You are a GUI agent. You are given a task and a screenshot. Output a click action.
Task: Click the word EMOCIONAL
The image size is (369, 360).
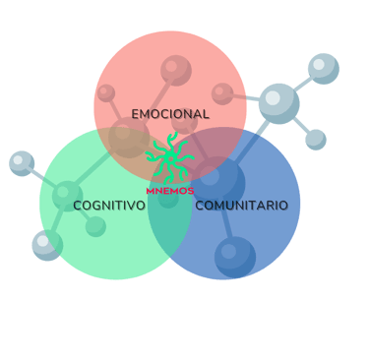click(x=170, y=114)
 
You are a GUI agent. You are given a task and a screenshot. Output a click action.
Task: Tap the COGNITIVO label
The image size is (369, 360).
click(x=109, y=206)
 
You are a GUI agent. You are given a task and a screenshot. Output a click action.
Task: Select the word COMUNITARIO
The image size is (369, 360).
click(x=241, y=206)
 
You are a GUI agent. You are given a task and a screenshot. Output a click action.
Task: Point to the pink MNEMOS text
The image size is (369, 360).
click(x=169, y=191)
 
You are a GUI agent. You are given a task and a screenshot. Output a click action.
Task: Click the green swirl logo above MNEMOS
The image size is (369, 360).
click(x=170, y=157)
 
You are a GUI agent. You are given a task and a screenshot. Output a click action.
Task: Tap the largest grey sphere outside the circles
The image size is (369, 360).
click(x=279, y=102)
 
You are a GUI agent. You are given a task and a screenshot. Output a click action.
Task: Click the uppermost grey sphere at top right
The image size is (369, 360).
click(x=323, y=68)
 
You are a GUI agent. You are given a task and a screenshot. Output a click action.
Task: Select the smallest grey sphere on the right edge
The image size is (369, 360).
click(x=316, y=140)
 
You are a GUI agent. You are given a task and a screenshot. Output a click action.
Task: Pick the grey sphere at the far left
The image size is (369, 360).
click(x=22, y=163)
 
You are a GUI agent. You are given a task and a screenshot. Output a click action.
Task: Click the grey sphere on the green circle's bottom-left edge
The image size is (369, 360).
click(x=46, y=244)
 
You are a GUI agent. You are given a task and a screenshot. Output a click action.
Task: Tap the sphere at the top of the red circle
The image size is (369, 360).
click(x=176, y=70)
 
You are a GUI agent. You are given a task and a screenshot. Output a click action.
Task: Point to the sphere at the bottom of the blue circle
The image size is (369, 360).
click(x=235, y=257)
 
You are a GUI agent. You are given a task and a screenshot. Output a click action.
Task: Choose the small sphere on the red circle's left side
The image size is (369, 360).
click(x=106, y=93)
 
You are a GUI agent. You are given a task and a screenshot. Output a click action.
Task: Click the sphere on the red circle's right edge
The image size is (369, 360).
click(x=222, y=93)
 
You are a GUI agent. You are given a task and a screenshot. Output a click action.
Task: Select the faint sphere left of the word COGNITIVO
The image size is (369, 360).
click(x=66, y=194)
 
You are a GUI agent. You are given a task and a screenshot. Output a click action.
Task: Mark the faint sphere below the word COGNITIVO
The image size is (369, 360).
click(x=95, y=225)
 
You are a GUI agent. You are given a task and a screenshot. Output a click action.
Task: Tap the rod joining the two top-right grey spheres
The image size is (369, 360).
click(x=302, y=85)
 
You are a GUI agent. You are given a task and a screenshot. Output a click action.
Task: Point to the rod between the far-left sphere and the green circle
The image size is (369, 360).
click(x=42, y=177)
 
